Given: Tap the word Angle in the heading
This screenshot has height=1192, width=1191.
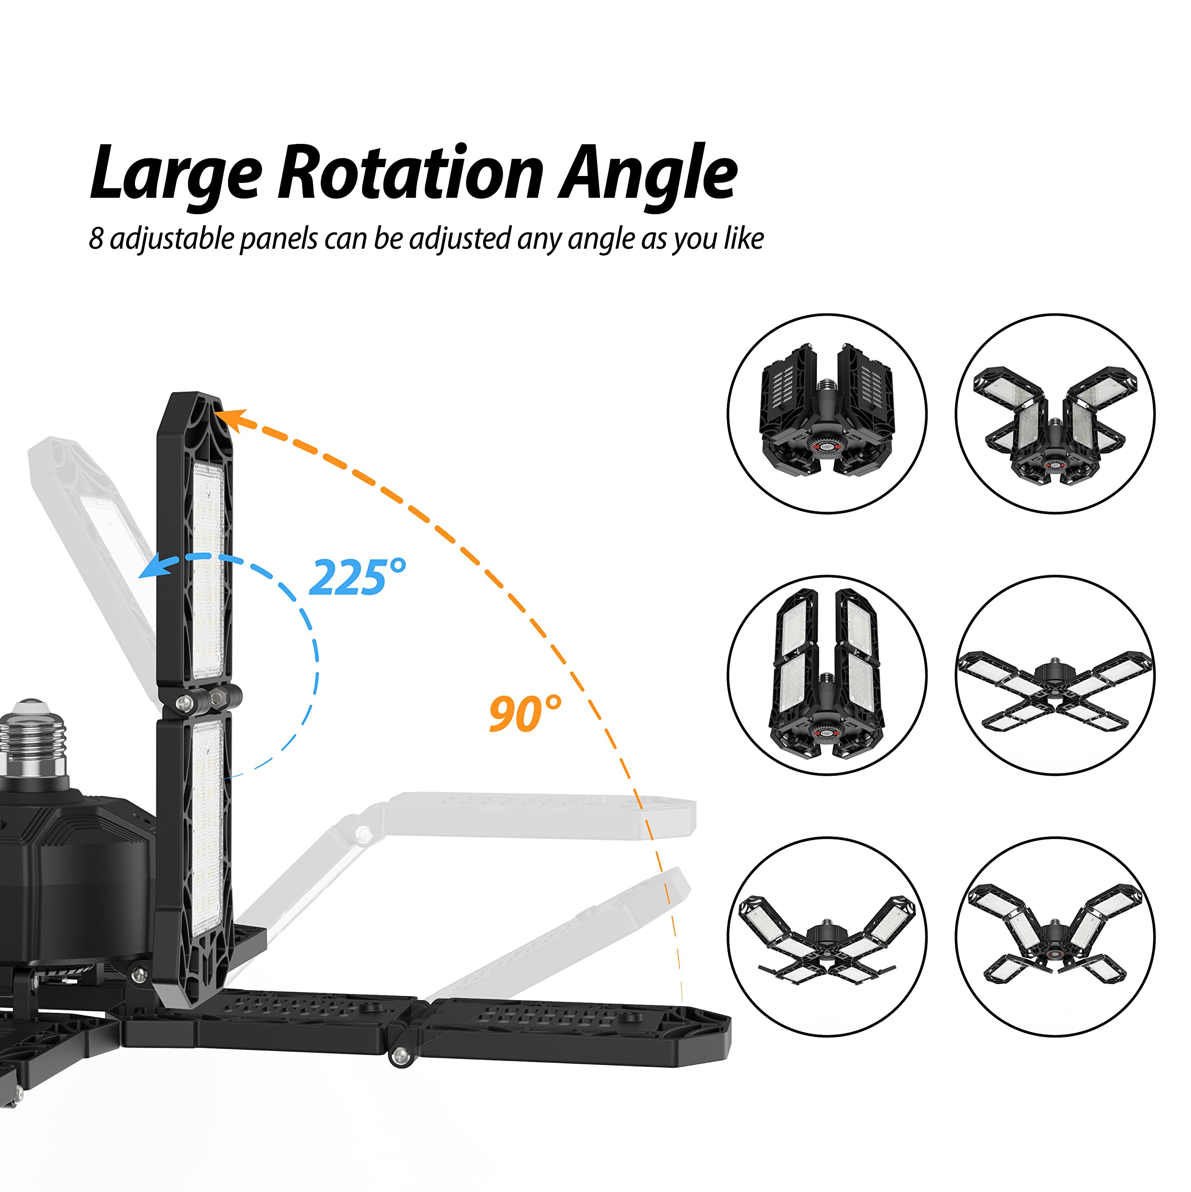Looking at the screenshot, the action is (647, 176).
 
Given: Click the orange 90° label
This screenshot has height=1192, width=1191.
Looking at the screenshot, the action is (525, 713).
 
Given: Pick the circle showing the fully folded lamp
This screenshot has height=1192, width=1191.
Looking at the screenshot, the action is (827, 413).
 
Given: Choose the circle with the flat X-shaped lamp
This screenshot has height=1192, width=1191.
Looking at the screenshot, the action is (1055, 675).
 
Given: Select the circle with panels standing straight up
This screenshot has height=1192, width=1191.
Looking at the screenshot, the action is (827, 675).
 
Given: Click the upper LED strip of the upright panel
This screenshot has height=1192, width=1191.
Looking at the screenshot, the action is (208, 571).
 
